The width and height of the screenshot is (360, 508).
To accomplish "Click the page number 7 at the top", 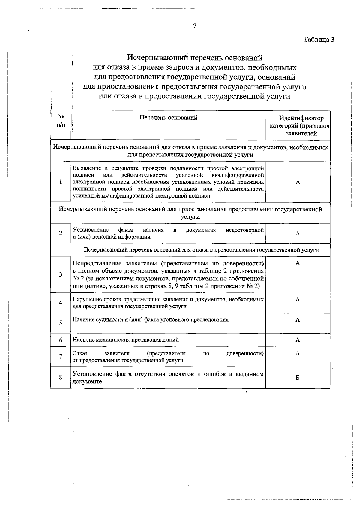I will click(x=195, y=26).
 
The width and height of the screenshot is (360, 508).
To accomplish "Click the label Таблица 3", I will click(x=319, y=39).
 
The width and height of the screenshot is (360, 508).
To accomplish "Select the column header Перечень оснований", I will click(x=168, y=118).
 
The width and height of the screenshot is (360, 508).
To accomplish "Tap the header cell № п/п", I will click(x=61, y=121).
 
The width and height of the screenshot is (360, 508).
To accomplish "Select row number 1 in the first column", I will click(x=61, y=182).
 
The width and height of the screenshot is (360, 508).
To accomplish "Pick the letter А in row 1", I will click(x=298, y=182).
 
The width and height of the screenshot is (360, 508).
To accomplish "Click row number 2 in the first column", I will click(x=61, y=233).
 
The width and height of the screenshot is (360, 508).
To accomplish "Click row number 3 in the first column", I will click(x=61, y=274).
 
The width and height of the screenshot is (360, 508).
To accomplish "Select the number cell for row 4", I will click(x=61, y=303).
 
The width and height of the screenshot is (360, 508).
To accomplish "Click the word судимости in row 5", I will click(x=106, y=319).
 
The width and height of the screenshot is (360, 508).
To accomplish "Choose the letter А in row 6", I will click(x=298, y=340).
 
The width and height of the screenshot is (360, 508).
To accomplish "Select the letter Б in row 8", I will click(x=298, y=378).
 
